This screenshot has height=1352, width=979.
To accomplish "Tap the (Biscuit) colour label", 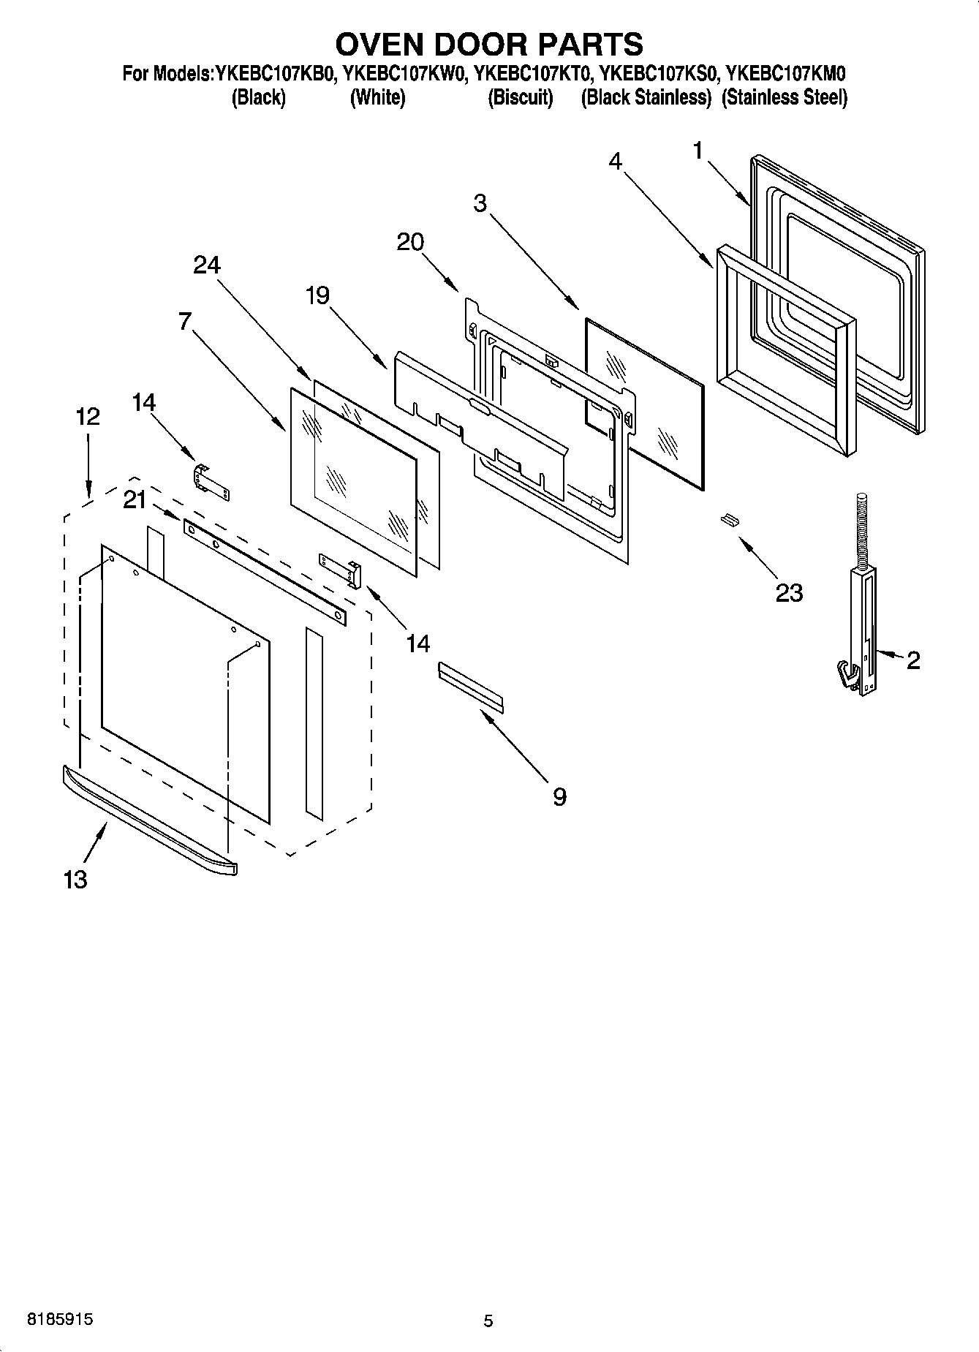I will coord(520,98).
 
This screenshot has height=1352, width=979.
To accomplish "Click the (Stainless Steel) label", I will coord(785,98).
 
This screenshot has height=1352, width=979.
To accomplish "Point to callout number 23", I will coord(789,592).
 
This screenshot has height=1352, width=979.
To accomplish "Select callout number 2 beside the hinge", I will coord(912,660).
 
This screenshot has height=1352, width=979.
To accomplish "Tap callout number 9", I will coord(559,796).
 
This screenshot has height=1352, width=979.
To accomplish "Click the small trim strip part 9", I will coord(471,687).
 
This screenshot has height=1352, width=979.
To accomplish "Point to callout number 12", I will coord(88,417).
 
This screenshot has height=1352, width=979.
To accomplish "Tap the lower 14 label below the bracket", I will coord(417,643).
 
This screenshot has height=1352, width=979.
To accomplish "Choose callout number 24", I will coord(207,265).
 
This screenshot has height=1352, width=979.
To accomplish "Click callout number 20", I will coord(410,242).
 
